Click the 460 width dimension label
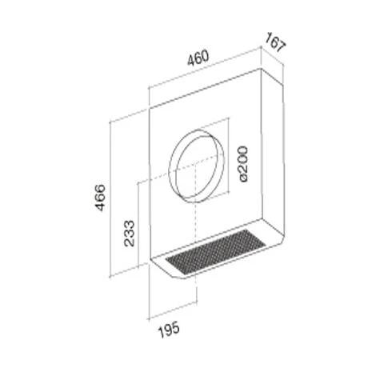198,58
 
